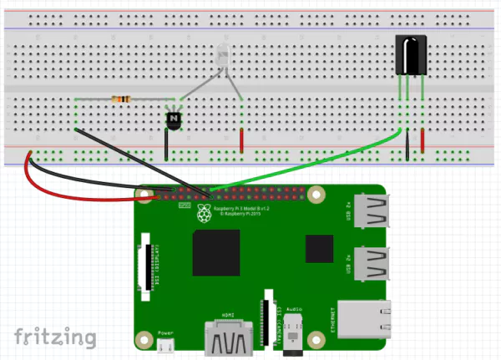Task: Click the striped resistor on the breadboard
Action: pos(122,100)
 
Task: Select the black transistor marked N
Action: pos(174,120)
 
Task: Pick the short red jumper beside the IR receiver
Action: pos(423,144)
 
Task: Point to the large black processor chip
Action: pos(216,252)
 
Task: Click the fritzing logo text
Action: pos(55,337)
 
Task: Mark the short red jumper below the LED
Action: pos(242,141)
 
